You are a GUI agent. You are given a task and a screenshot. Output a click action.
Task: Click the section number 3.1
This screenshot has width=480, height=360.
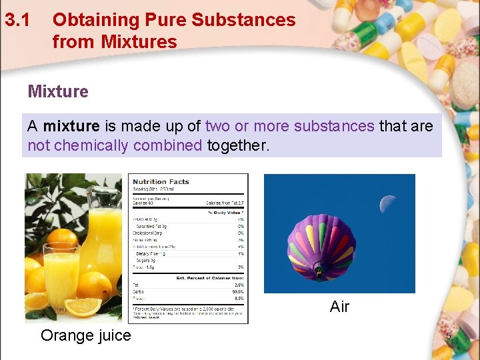tap(17, 20)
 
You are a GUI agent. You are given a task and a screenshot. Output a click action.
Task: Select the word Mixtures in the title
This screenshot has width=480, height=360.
tap(139, 42)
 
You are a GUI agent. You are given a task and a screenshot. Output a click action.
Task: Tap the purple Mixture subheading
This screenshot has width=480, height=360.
tap(58, 91)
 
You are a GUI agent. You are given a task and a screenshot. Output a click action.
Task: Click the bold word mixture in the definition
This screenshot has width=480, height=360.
tap(71, 126)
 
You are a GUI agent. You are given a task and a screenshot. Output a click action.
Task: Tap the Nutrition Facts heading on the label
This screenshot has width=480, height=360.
tap(161, 181)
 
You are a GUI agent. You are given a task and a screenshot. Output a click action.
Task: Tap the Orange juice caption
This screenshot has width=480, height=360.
tap(86, 335)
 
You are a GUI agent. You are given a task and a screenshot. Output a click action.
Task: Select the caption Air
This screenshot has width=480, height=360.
tap(339, 307)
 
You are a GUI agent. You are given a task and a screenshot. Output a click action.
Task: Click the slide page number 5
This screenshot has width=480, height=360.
tap(449, 337)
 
